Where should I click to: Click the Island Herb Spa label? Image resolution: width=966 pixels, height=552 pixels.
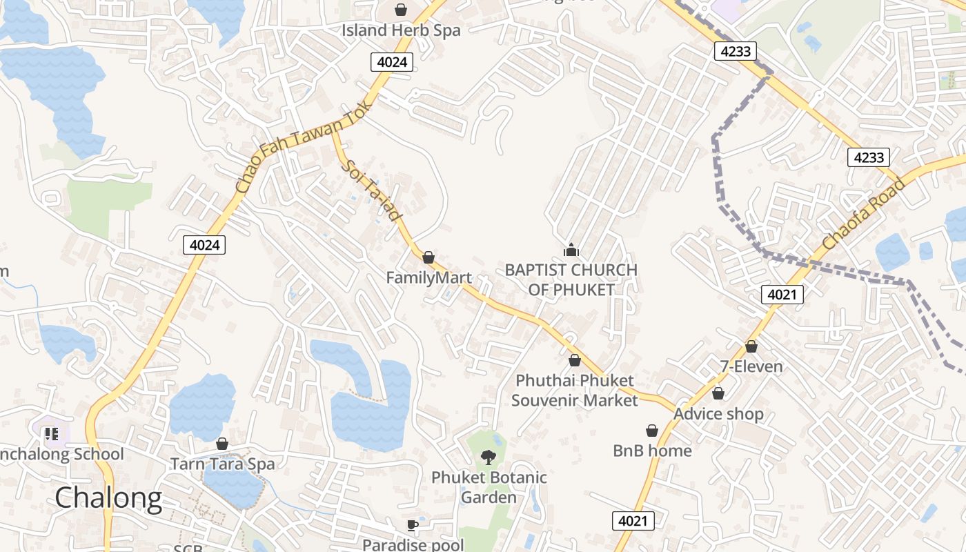[x=400, y=30]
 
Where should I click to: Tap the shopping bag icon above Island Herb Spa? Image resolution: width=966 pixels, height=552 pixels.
[x=400, y=10]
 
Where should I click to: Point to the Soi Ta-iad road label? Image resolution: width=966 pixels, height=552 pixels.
[x=371, y=190]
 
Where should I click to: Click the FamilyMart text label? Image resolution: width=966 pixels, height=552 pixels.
[x=428, y=278]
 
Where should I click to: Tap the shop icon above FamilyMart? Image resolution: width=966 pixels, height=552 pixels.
[x=428, y=257]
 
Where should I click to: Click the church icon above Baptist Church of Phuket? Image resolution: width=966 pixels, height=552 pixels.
[x=571, y=250]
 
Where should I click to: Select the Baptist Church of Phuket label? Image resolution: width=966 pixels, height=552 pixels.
[x=571, y=279]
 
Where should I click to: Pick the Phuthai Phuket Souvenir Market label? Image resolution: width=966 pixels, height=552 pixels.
[x=574, y=390]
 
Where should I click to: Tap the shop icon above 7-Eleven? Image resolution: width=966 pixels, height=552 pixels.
[x=751, y=346]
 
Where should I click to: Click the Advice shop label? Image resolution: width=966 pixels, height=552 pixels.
[x=718, y=414]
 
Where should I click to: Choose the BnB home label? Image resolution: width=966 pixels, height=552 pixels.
[x=652, y=451]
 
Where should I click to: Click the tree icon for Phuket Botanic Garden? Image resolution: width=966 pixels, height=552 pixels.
[x=489, y=456]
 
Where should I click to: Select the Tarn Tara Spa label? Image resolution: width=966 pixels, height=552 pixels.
[x=222, y=464]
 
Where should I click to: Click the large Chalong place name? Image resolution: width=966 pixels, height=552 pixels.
[x=108, y=497]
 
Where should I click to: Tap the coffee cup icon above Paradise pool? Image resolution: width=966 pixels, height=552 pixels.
[x=413, y=525]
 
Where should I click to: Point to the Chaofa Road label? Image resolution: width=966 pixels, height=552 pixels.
[x=863, y=213]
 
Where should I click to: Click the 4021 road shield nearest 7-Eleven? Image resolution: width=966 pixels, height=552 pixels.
[x=782, y=295]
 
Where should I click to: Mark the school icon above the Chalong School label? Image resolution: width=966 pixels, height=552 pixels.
[x=51, y=434]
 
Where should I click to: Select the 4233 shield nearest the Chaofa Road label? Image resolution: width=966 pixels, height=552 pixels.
[x=868, y=157]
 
